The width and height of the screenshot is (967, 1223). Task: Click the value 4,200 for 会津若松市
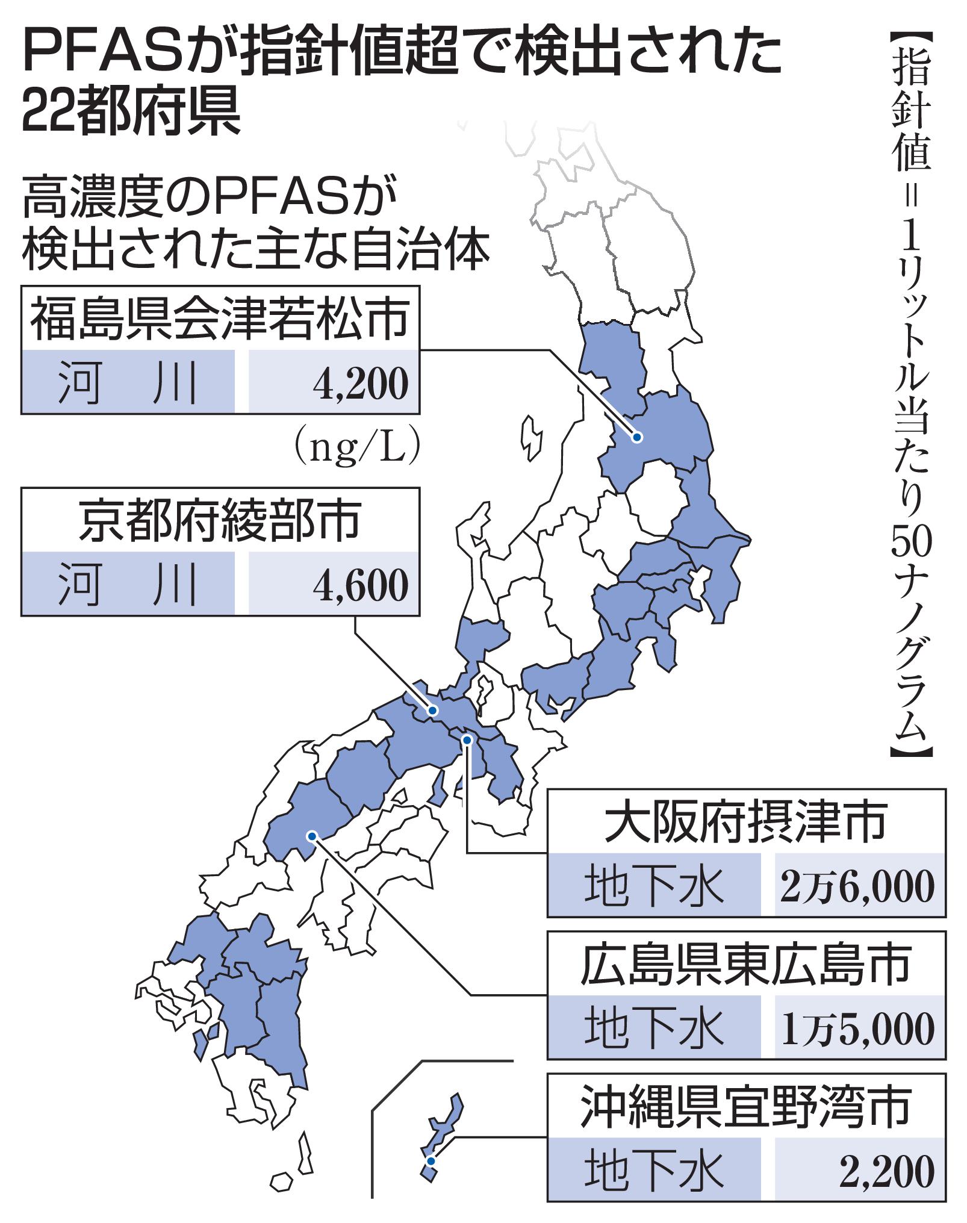coord(360,383)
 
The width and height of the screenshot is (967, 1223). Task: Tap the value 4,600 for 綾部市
coord(360,583)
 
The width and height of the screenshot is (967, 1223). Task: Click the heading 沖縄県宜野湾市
coord(745,1107)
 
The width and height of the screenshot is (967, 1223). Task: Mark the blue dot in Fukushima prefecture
coord(636,437)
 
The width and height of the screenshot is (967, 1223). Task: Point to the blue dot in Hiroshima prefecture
coord(311,836)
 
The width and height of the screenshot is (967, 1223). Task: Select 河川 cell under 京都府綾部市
coord(128,583)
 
